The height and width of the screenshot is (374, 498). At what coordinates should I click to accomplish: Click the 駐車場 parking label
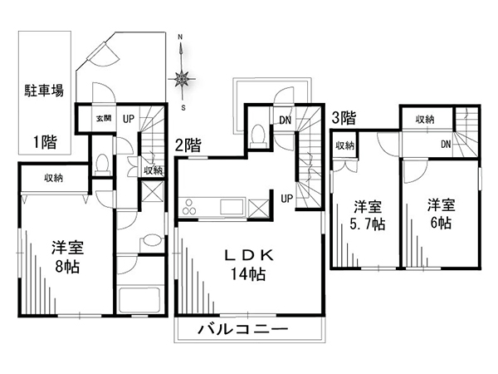point(44,91)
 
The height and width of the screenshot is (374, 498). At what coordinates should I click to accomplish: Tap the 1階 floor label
point(46,142)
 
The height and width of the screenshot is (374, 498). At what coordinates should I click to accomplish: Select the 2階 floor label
point(188,145)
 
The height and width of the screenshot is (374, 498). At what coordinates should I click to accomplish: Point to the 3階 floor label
point(344,118)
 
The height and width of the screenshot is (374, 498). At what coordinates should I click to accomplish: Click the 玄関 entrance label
point(104,119)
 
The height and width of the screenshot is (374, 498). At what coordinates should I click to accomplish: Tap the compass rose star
point(182,78)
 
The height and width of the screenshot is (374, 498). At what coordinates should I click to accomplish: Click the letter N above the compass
point(180,37)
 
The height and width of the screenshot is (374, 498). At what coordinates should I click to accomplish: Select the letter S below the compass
point(183,108)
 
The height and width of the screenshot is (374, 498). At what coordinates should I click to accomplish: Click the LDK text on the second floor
point(249,255)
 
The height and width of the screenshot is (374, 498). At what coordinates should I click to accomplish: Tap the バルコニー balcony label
point(243,329)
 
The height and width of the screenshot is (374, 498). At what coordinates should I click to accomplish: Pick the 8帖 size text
point(67,267)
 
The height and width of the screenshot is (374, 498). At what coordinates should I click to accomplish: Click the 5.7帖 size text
point(368,224)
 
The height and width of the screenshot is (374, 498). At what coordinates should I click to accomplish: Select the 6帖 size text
point(441,223)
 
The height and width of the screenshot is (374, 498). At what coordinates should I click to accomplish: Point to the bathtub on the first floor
point(139,300)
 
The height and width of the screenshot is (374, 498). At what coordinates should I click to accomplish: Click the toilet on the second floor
point(258,135)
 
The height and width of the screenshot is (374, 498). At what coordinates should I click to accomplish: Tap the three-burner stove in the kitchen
point(189,207)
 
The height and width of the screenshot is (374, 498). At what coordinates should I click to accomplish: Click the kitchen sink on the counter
point(232,207)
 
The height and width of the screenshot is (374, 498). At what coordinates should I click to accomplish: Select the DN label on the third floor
point(446,145)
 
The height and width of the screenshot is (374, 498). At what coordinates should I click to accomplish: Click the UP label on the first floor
point(129,119)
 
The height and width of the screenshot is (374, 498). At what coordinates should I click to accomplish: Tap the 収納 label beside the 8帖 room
point(53,178)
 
